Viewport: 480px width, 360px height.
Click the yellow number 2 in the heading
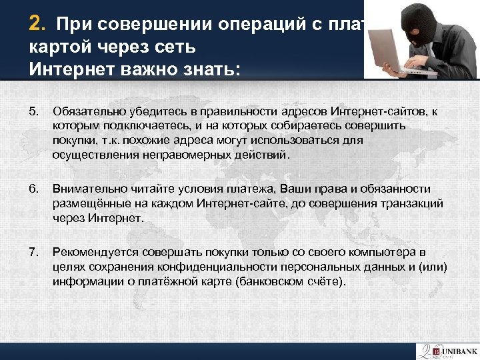[x=37, y=25]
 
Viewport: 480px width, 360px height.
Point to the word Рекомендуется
[x=90, y=253]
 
